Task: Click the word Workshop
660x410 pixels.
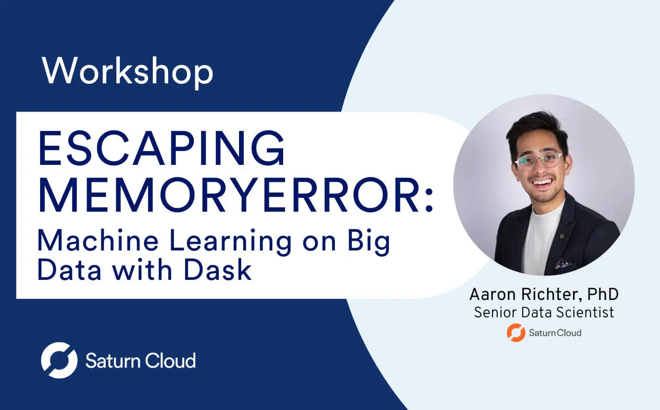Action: point(128,71)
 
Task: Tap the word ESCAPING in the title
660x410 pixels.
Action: point(161,148)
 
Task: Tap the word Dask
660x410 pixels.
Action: point(218,270)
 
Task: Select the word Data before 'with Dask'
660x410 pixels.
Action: point(69,270)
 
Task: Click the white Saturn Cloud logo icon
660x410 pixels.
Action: point(59,360)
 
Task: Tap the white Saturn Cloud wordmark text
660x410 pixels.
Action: point(140,361)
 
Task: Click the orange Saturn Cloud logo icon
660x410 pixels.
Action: point(516,332)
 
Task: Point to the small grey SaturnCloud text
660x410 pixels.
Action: point(555,333)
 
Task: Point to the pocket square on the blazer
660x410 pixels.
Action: point(563,263)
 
